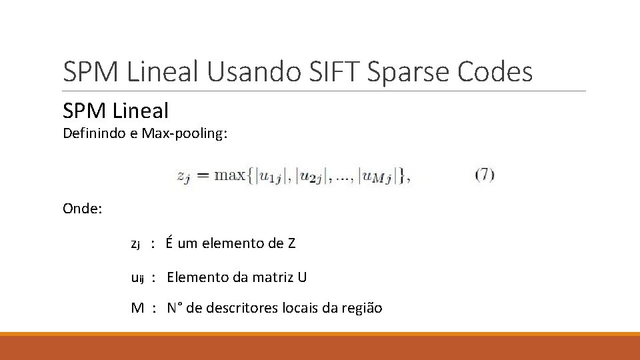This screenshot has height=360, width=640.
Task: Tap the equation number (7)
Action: pos(485,175)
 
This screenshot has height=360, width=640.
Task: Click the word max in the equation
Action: pos(230,176)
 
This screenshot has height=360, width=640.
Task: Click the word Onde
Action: pos(82,209)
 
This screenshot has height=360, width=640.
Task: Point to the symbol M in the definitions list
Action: pos(137,308)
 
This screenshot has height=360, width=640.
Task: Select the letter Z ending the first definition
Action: pos(291,243)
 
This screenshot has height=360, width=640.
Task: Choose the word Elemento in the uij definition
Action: pos(193,277)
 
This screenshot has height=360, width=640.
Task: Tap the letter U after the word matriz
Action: pos(302,277)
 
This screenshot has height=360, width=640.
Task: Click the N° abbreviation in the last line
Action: pos(175,308)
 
